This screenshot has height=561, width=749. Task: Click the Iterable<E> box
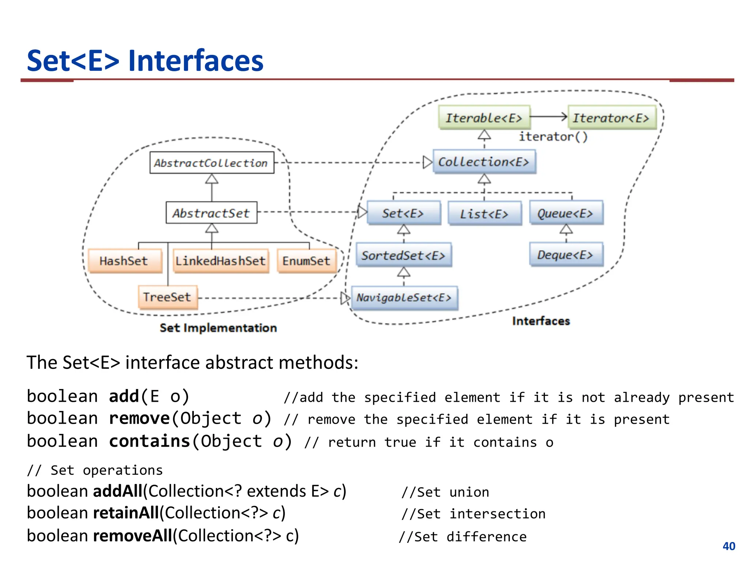pos(484,118)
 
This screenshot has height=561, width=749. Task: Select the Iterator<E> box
pos(611,118)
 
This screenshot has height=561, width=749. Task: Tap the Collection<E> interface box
pos(484,161)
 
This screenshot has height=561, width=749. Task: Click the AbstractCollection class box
pos(212,163)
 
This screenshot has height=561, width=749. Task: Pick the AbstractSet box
pos(211,213)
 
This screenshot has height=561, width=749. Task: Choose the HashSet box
pos(124,261)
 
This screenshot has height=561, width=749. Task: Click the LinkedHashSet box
pos(221,261)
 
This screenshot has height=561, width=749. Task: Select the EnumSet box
pos(306,261)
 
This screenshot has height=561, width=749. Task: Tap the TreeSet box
pos(168,297)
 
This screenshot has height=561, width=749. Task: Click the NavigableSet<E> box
pos(404,298)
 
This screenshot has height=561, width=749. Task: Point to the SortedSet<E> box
pos(404,255)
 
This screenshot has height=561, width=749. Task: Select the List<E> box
pos(484,214)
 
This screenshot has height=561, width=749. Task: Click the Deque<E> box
pos(566,255)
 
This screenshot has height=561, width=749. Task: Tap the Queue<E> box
pos(566,213)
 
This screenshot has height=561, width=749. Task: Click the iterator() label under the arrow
pos(553,137)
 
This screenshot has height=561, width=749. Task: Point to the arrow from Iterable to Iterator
pos(549,117)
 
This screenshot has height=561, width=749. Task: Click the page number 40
pos(729,546)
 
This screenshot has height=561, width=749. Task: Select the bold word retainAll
pos(126,513)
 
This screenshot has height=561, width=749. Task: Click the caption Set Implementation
pos(218,328)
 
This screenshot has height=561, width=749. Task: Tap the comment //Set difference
pos(463,537)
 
